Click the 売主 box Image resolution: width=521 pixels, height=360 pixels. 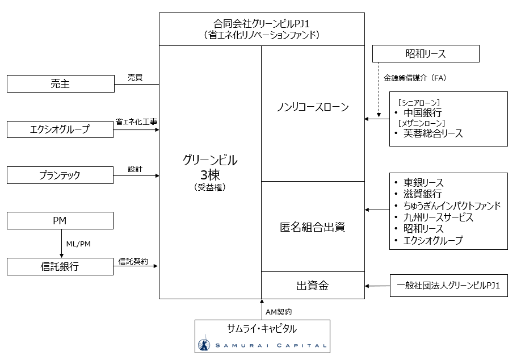click(60, 85)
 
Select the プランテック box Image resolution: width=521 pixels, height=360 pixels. click(60, 175)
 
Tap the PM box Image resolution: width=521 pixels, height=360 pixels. click(60, 220)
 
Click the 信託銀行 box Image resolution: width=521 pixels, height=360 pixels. click(60, 266)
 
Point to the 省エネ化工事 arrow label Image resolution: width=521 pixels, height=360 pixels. click(136, 122)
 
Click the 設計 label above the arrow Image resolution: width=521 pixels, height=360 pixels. click(135, 169)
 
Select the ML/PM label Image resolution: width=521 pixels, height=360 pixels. click(78, 244)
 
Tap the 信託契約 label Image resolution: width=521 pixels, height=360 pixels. click(133, 261)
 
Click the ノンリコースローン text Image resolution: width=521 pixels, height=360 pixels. click(312, 107)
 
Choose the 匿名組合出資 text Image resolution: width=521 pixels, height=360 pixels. click(312, 227)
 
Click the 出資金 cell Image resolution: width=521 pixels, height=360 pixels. click(312, 286)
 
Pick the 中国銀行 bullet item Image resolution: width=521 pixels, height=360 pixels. click(422, 112)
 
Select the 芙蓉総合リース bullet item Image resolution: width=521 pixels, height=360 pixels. click(432, 133)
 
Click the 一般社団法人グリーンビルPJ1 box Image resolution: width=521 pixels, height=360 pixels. click(448, 286)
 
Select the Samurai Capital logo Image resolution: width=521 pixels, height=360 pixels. click(262, 345)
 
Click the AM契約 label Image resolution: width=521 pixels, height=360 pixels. click(278, 312)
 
